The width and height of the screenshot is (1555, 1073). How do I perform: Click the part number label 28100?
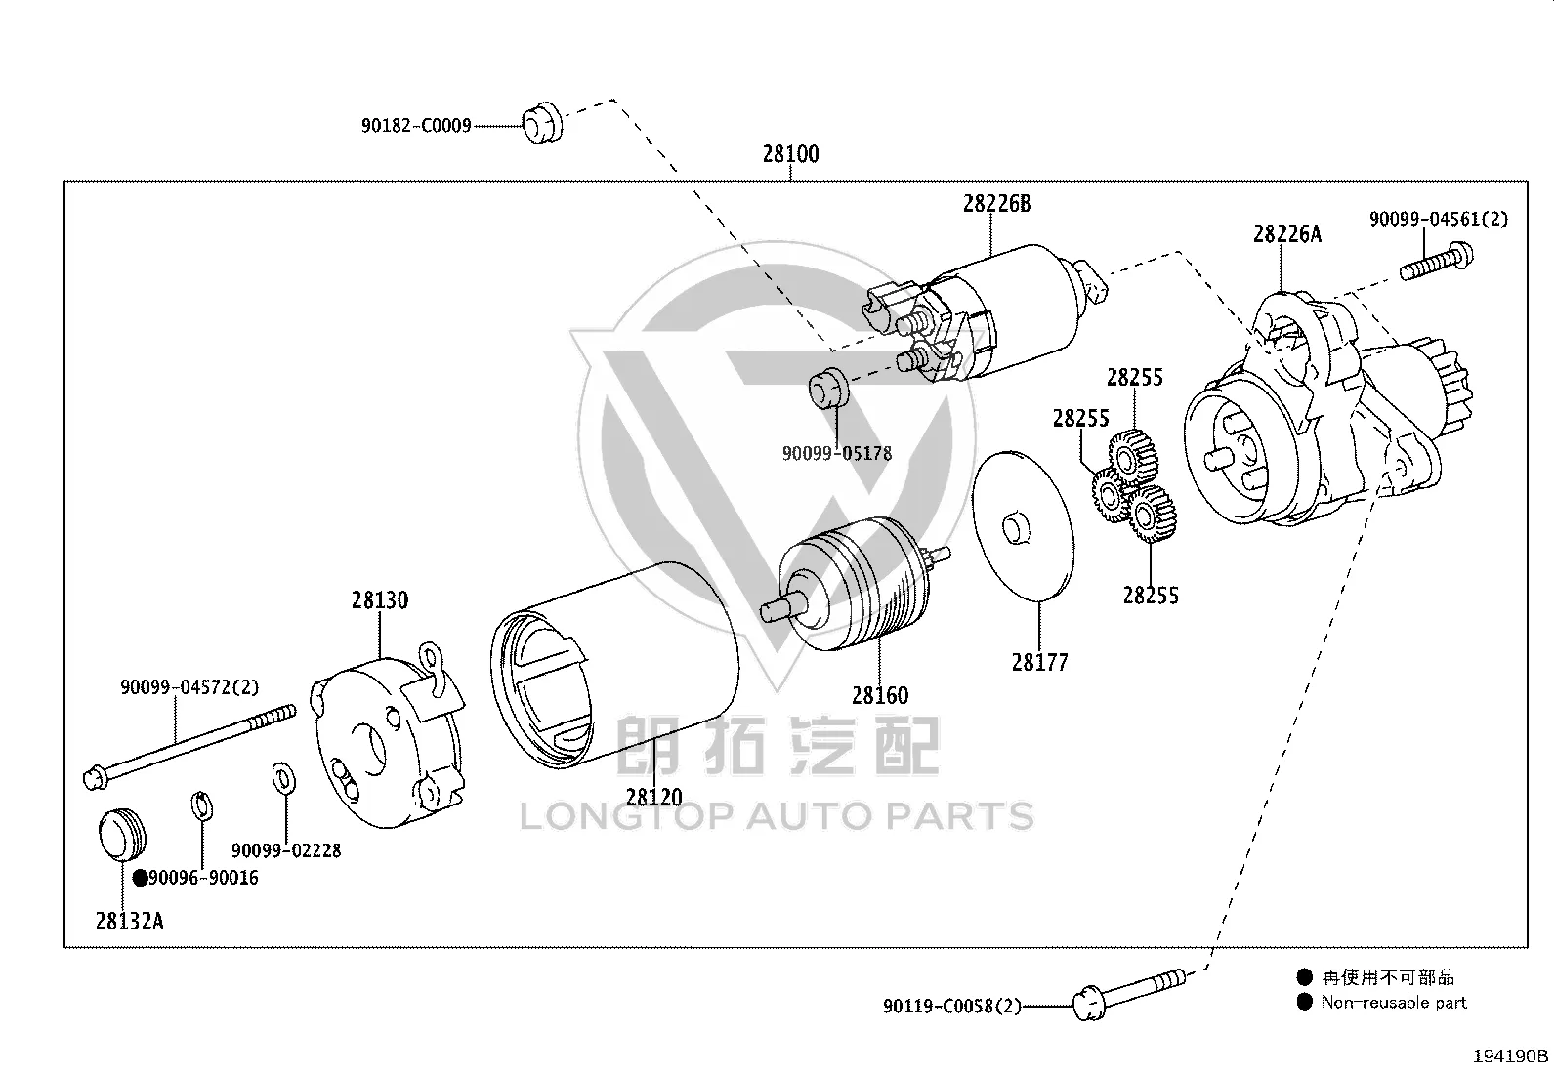[x=791, y=154]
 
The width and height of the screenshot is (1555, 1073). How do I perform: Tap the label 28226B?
[x=997, y=204]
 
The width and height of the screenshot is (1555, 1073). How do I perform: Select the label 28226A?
[x=1287, y=234]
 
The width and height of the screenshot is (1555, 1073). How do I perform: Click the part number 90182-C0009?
[x=416, y=126]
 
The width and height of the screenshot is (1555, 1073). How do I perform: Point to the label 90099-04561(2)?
[x=1439, y=219]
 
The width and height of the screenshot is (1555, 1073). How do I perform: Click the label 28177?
[x=1039, y=663]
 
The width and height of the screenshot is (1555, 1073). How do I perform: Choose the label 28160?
[x=879, y=695]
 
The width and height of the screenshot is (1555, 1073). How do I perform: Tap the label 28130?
[x=380, y=600]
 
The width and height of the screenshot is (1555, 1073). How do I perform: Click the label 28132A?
[x=129, y=921]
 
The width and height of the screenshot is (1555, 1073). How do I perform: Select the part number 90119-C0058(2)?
[x=951, y=1006]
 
